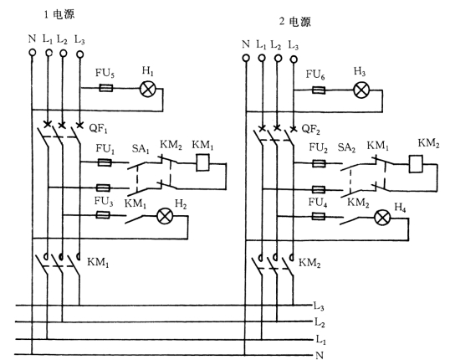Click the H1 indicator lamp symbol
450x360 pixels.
pyautogui.click(x=147, y=89)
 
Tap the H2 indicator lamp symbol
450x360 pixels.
pyautogui.click(x=165, y=217)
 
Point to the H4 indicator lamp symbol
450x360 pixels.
pyautogui.click(x=382, y=218)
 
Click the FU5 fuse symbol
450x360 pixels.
pyautogui.click(x=105, y=88)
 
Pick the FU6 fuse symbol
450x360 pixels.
pyautogui.click(x=319, y=90)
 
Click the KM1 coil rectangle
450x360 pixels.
pyautogui.click(x=202, y=162)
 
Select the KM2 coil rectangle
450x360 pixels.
pyautogui.click(x=416, y=164)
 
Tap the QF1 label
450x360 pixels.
pyautogui.click(x=98, y=129)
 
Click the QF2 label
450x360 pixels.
pyautogui.click(x=311, y=130)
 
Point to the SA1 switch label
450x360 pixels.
pyautogui.click(x=141, y=149)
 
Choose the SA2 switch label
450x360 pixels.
pyautogui.click(x=346, y=147)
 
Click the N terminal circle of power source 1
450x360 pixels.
pyautogui.click(x=33, y=53)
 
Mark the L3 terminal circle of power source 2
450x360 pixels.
pyautogui.click(x=294, y=59)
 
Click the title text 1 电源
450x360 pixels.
pyautogui.click(x=59, y=14)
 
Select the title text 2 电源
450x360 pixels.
pyautogui.click(x=295, y=22)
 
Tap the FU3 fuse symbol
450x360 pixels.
pyautogui.click(x=103, y=215)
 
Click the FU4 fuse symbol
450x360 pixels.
pyautogui.click(x=319, y=216)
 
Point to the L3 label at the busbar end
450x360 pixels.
pyautogui.click(x=319, y=307)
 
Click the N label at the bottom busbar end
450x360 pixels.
pyautogui.click(x=320, y=356)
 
